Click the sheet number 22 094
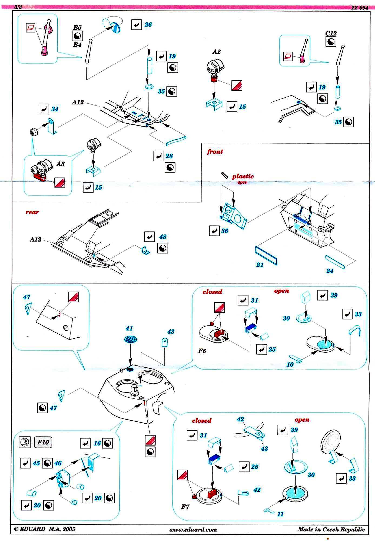(360, 8)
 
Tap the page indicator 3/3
(18, 7)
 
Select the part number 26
(148, 25)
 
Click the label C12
(331, 33)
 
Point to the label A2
(216, 52)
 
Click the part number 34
(55, 109)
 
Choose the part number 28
(169, 156)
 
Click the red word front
(215, 151)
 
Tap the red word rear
(32, 212)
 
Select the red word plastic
(243, 176)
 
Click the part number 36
(225, 231)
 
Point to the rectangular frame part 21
(266, 256)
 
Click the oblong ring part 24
(335, 262)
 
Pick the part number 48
(163, 237)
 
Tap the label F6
(202, 351)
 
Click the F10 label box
(43, 442)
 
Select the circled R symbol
(25, 442)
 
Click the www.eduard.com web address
(193, 530)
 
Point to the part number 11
(280, 514)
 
